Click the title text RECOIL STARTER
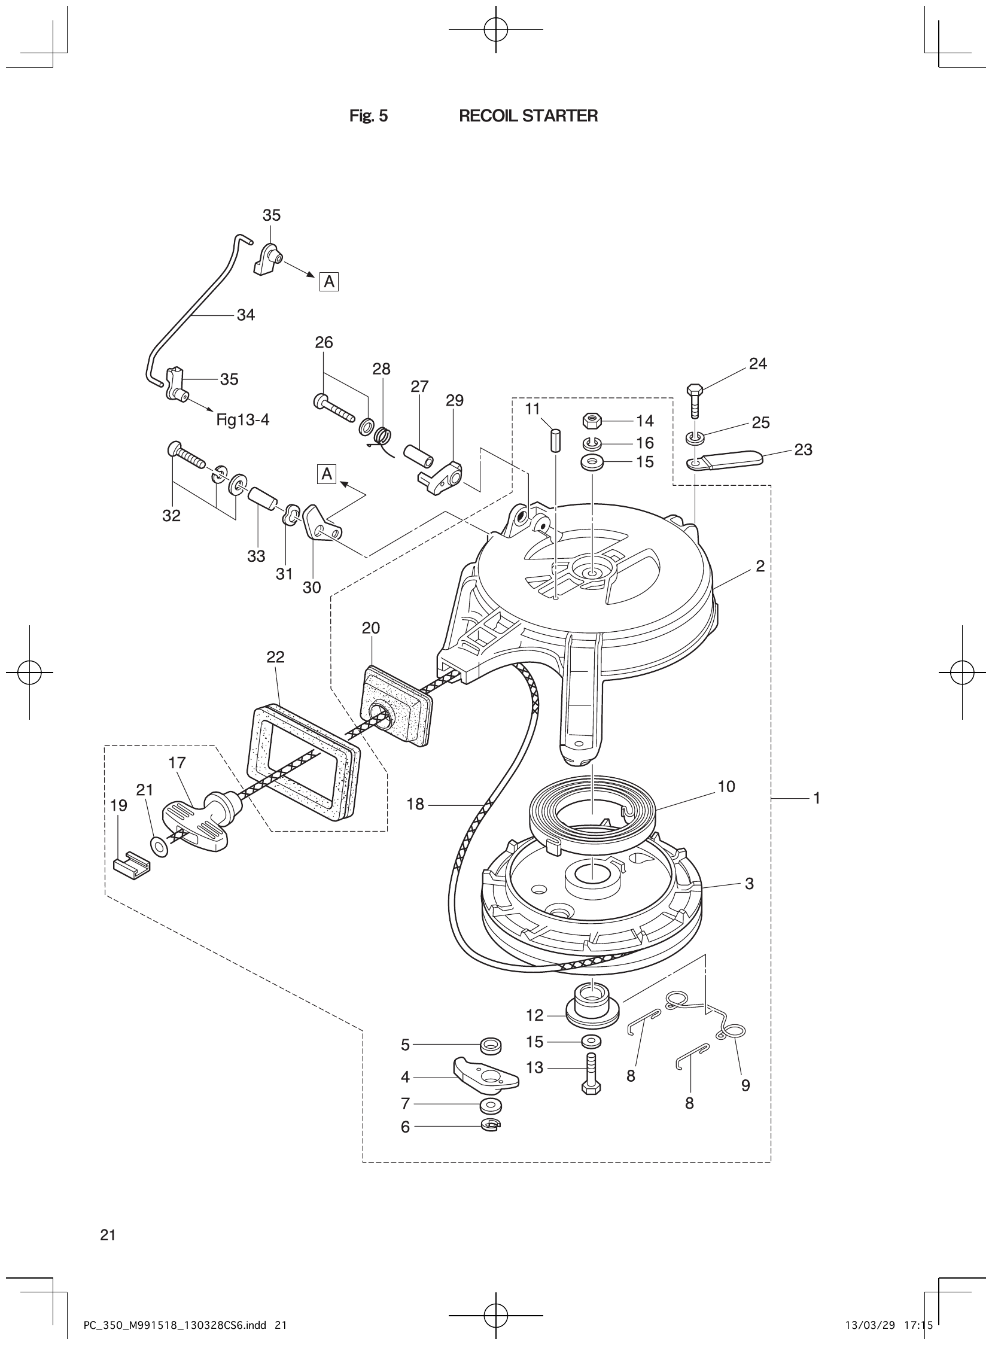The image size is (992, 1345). click(528, 116)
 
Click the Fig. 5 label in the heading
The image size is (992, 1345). click(368, 116)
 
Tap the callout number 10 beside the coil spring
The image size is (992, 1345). click(726, 787)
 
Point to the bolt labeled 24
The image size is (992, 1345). click(695, 398)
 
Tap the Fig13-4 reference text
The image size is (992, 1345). click(242, 419)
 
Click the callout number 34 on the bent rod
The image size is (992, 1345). click(245, 315)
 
